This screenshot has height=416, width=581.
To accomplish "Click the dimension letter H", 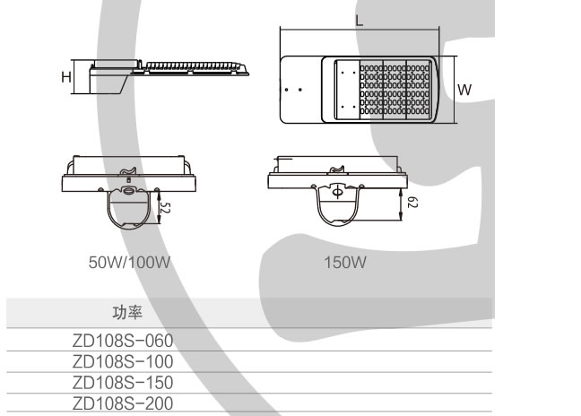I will point(66,78).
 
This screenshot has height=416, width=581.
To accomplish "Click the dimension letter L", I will point(360,20).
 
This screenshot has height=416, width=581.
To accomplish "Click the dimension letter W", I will point(464,90).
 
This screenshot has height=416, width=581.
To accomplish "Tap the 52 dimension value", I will point(166,207).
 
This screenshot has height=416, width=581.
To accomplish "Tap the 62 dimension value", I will point(410,204).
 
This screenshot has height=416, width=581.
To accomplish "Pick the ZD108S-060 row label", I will point(122,340).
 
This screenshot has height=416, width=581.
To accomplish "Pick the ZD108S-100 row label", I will point(122,360).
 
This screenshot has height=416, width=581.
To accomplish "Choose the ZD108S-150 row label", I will point(122,381).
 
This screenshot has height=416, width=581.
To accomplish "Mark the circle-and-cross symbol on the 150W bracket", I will point(337,191).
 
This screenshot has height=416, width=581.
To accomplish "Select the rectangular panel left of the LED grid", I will point(345,90).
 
